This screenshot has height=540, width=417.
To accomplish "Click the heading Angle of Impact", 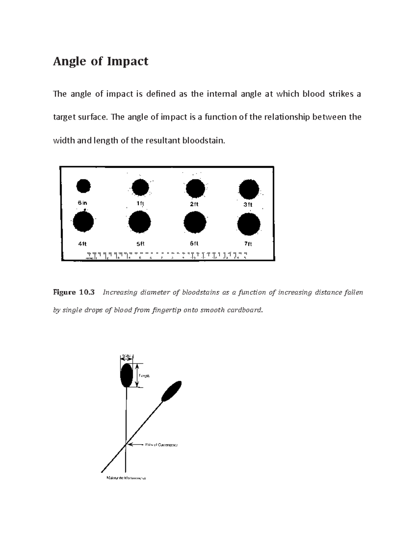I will click(x=100, y=61).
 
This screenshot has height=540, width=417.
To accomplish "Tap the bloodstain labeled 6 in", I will click(x=83, y=186).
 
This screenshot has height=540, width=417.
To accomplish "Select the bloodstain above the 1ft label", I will click(x=140, y=188).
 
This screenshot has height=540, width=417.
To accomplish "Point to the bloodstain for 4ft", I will click(x=83, y=222).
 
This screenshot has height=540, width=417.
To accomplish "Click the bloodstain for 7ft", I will click(x=249, y=224).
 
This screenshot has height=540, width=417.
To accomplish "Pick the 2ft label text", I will click(x=194, y=204).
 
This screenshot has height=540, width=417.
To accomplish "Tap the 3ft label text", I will click(x=248, y=205).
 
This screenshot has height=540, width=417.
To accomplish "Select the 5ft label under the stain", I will click(x=140, y=244).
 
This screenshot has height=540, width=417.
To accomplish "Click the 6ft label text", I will click(x=194, y=243).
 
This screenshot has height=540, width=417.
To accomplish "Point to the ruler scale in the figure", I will click(x=167, y=256).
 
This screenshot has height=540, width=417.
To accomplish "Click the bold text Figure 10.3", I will click(x=74, y=292).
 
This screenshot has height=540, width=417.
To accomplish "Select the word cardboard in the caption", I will click(x=245, y=310).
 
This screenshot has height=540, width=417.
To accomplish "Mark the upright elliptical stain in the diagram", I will click(x=126, y=376).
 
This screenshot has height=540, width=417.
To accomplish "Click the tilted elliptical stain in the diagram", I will click(x=171, y=390).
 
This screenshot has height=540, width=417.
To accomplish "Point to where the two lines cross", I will click(x=126, y=444).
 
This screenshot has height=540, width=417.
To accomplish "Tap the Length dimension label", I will click(x=144, y=376).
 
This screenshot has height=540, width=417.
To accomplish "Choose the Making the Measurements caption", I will click(x=126, y=478).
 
